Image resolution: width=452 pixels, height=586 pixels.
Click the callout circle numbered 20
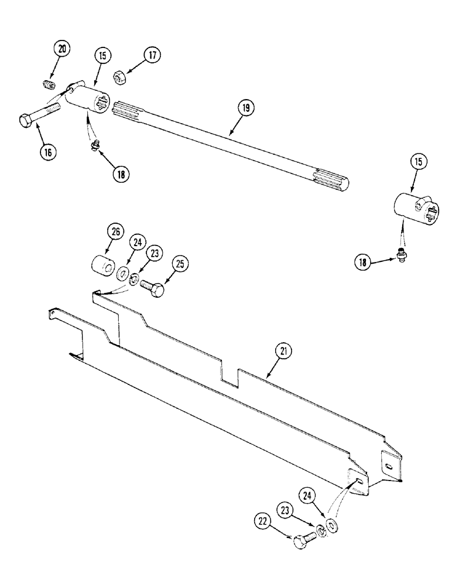point(60,50)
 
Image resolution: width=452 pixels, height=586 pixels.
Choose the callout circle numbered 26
point(115,232)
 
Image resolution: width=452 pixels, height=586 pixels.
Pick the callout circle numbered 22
point(262,519)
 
